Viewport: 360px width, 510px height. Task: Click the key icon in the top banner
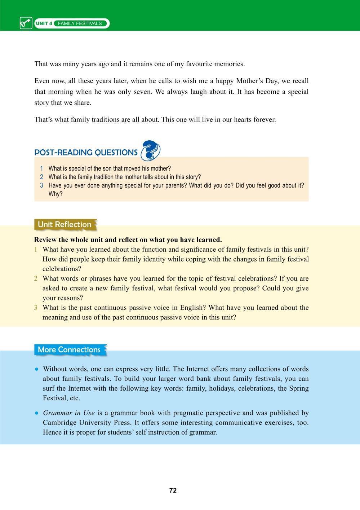[26, 23]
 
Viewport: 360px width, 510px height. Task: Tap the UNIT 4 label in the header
[44, 23]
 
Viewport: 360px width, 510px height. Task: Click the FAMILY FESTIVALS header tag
[80, 23]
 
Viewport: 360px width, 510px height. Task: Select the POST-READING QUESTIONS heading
[86, 153]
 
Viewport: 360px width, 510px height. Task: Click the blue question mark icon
[150, 150]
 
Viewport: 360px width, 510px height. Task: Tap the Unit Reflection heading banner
[65, 224]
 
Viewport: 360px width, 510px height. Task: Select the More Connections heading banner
[70, 349]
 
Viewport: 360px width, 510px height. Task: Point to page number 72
[173, 490]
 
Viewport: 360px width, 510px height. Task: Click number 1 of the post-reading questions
[42, 168]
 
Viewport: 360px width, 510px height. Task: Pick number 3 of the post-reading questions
[42, 185]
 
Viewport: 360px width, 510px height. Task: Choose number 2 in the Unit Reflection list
[36, 278]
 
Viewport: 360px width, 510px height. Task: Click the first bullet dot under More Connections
[37, 369]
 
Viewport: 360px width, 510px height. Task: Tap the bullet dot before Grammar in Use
[37, 413]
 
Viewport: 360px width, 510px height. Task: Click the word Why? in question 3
[55, 194]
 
